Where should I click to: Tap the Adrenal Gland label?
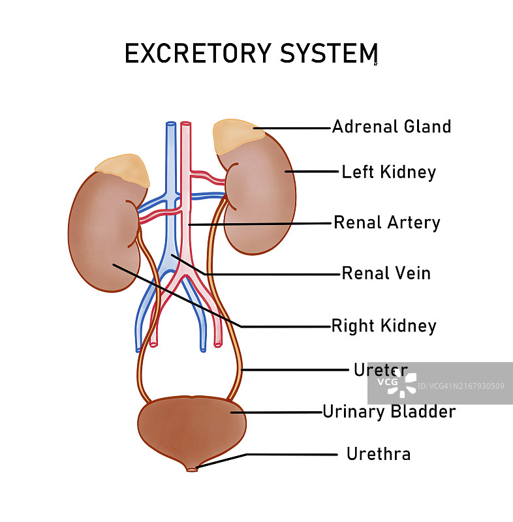point(392,127)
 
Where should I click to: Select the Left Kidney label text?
point(388,172)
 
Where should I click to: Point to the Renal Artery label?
point(387,223)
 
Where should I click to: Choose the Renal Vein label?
point(386,273)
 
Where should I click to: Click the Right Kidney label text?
point(384,325)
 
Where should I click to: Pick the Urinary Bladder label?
point(389,412)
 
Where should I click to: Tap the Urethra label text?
point(379,453)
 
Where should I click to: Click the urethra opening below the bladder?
point(191,468)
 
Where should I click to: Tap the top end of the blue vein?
point(170,124)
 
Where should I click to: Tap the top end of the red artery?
point(186,124)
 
